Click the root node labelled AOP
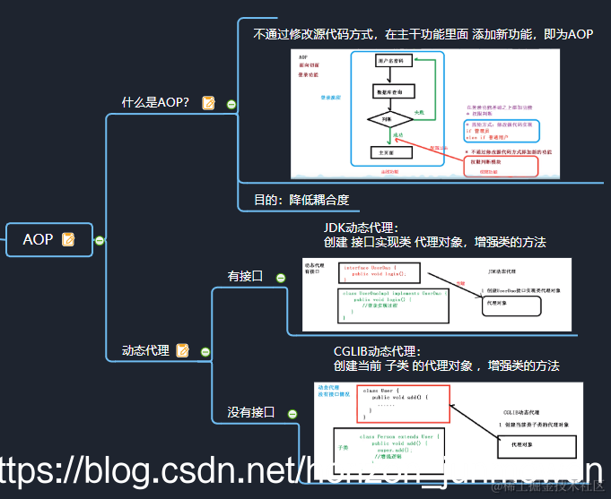pos(39,239)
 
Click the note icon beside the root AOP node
pos(68,239)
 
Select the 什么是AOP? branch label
pos(155,102)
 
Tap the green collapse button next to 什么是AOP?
pos(231,104)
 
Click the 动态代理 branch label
pos(145,350)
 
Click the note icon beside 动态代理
pos(183,350)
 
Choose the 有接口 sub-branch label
pos(245,276)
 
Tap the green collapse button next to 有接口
pos(281,278)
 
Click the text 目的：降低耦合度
pos(301,199)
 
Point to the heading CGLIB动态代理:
pos(377,352)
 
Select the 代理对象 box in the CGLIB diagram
pos(532,443)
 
